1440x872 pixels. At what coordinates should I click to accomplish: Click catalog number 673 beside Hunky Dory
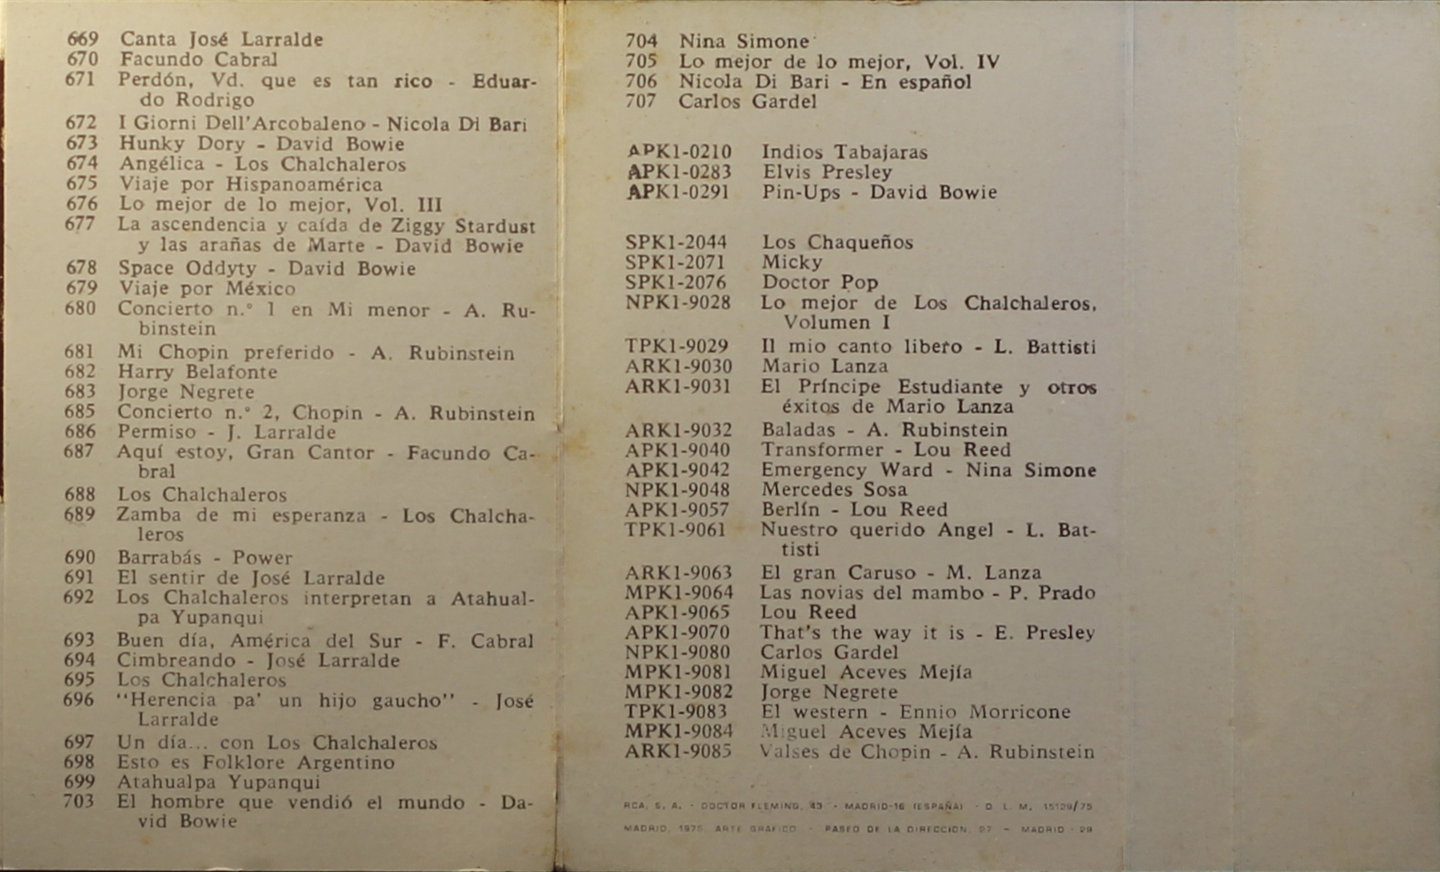(82, 143)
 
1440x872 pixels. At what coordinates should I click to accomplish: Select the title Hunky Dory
(182, 144)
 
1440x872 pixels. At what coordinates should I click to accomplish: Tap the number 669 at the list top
(83, 38)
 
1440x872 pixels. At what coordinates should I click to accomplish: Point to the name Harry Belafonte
(197, 372)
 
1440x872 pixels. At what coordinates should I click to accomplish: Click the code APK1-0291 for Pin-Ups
(678, 192)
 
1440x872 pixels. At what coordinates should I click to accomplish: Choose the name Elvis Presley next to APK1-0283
(827, 172)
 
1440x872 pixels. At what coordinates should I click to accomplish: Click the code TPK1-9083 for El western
(675, 712)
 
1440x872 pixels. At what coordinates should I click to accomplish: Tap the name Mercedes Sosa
(834, 489)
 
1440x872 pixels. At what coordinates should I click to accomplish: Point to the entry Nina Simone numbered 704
(744, 42)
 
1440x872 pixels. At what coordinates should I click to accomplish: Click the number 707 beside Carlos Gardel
(641, 102)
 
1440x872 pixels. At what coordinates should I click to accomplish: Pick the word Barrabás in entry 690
(159, 557)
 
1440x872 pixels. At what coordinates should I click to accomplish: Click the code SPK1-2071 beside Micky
(675, 262)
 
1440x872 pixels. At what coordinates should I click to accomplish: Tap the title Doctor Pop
(820, 282)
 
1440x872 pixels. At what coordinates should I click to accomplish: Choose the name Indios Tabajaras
(845, 152)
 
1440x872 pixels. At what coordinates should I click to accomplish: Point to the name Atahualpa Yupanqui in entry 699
(218, 782)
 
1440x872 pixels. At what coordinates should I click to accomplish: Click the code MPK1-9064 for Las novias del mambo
(678, 593)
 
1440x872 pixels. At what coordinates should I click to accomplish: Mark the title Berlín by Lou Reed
(790, 510)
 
